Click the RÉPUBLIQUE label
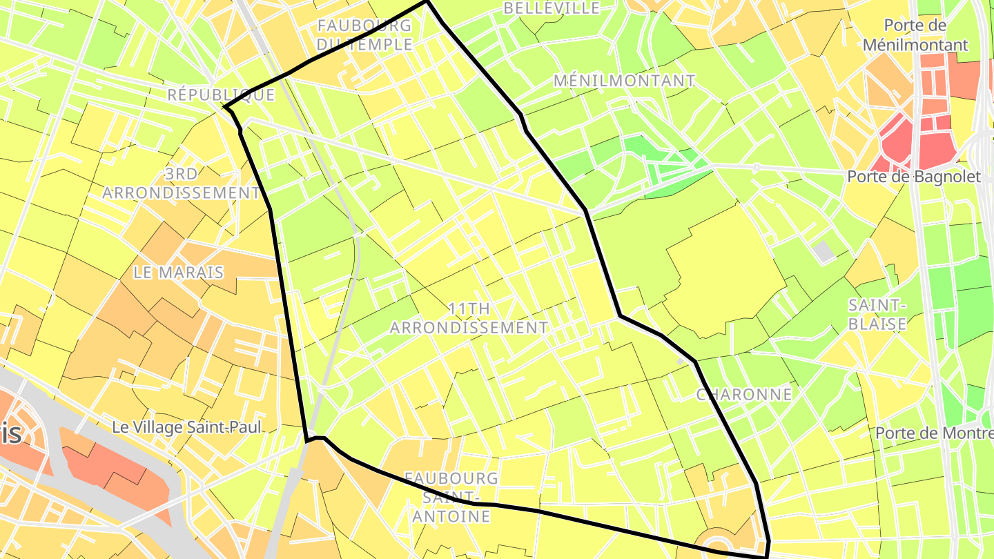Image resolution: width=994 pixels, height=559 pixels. tap(221, 95)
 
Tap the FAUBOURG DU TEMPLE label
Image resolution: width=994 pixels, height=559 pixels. tap(364, 35)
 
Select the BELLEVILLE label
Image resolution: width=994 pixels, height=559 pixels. tap(552, 8)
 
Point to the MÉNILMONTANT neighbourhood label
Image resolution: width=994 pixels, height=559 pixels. tap(623, 81)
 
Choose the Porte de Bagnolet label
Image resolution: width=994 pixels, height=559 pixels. tap(913, 177)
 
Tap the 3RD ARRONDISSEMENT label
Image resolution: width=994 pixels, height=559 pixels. tap(181, 183)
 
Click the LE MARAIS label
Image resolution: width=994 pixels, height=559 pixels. tap(179, 273)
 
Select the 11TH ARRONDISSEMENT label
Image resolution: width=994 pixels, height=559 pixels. tap(469, 317)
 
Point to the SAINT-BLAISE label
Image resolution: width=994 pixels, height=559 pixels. tap(877, 314)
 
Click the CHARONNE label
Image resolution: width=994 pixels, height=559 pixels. tap(743, 394)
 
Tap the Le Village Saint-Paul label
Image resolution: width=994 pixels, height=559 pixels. tap(186, 428)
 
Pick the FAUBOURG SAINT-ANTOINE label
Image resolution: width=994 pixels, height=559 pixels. tap(451, 497)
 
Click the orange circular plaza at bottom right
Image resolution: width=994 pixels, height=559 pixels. tap(718, 542)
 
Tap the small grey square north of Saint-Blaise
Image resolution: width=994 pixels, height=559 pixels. tap(824, 251)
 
